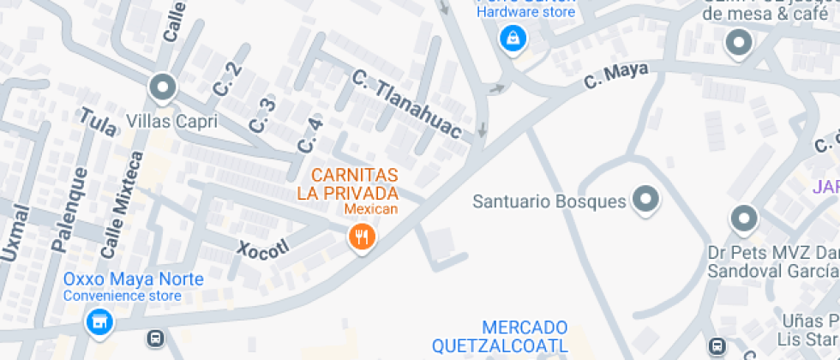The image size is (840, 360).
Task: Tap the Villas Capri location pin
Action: (161, 87)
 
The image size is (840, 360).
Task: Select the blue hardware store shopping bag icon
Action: (512, 38)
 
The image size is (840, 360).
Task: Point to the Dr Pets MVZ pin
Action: (743, 219)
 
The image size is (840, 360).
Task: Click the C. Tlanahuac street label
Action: (407, 106)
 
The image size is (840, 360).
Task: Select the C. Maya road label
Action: (615, 75)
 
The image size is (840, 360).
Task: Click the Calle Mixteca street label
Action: (122, 205)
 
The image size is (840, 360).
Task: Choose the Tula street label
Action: (98, 124)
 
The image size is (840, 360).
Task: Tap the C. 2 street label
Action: (226, 80)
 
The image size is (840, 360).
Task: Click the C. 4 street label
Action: (309, 135)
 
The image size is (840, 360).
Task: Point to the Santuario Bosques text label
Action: (549, 201)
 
